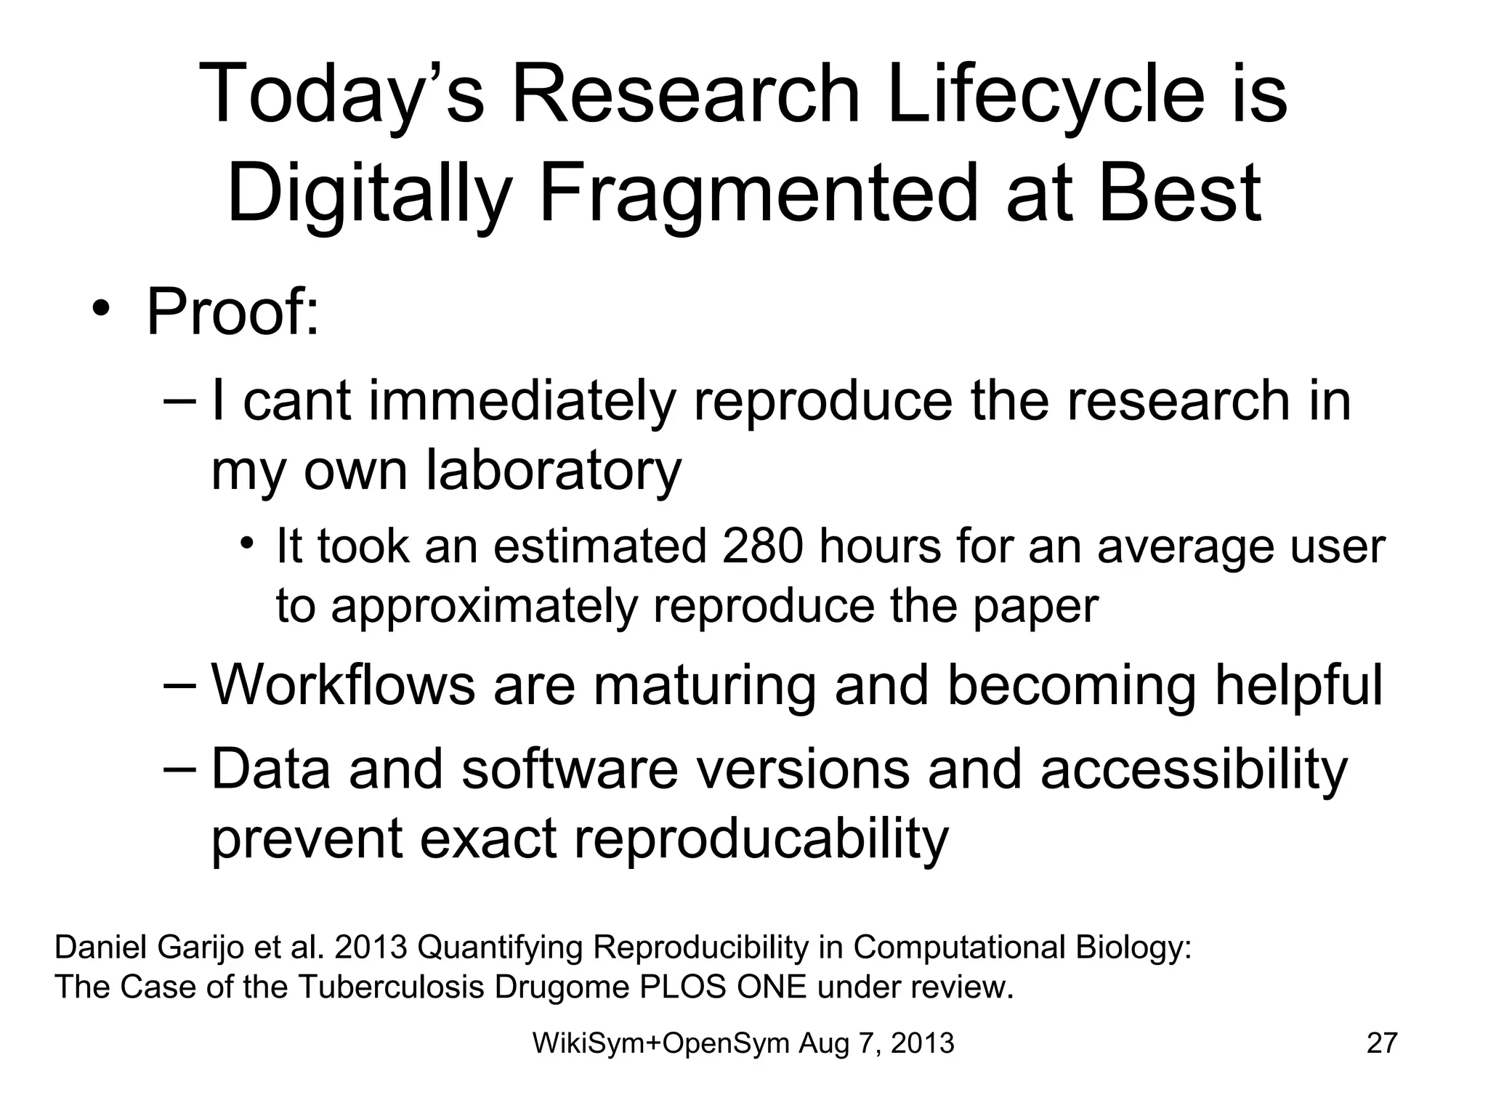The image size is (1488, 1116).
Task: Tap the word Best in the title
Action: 1180,193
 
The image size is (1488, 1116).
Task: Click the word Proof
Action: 232,312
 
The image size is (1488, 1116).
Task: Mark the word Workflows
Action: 342,684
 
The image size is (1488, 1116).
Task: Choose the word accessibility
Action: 1194,769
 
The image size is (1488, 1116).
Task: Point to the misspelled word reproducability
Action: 761,838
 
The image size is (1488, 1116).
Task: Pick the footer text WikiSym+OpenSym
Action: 660,1043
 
